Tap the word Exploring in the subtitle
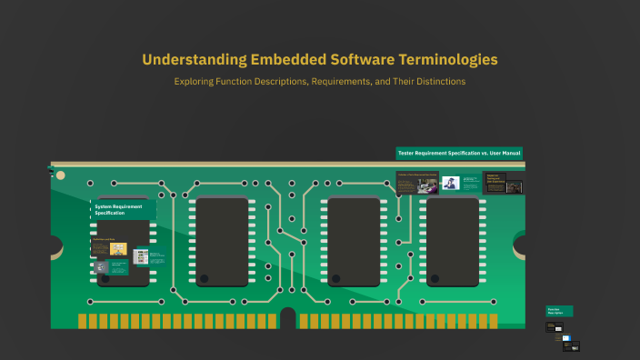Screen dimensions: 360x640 click(196, 82)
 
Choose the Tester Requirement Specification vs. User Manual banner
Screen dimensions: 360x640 click(458, 153)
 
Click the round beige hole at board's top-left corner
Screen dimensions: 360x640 click(60, 175)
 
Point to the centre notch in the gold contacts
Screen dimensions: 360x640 click(288, 319)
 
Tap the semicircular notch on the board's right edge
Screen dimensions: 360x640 click(521, 245)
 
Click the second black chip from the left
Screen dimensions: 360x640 click(222, 242)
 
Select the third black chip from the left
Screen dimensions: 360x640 click(354, 242)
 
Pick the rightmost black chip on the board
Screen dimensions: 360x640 click(453, 242)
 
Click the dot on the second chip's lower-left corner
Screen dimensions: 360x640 click(205, 278)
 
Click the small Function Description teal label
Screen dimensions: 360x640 click(559, 311)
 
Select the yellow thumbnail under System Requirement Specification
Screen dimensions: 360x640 click(118, 248)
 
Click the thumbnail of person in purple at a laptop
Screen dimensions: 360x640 click(450, 183)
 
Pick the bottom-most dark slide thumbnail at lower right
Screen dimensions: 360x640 click(571, 345)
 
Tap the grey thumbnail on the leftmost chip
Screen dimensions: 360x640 click(102, 266)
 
